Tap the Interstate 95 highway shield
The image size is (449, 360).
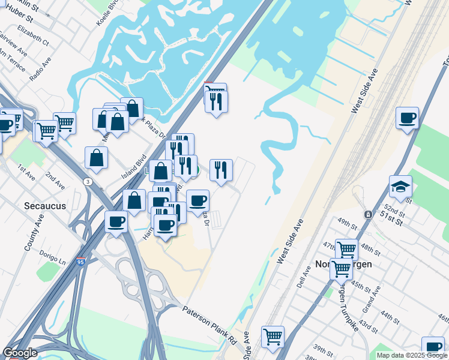80,262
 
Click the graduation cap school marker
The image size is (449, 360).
400,187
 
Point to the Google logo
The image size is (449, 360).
20,353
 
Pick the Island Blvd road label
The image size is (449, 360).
134,164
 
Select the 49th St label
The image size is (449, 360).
347,221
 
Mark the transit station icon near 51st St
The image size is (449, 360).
367,214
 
